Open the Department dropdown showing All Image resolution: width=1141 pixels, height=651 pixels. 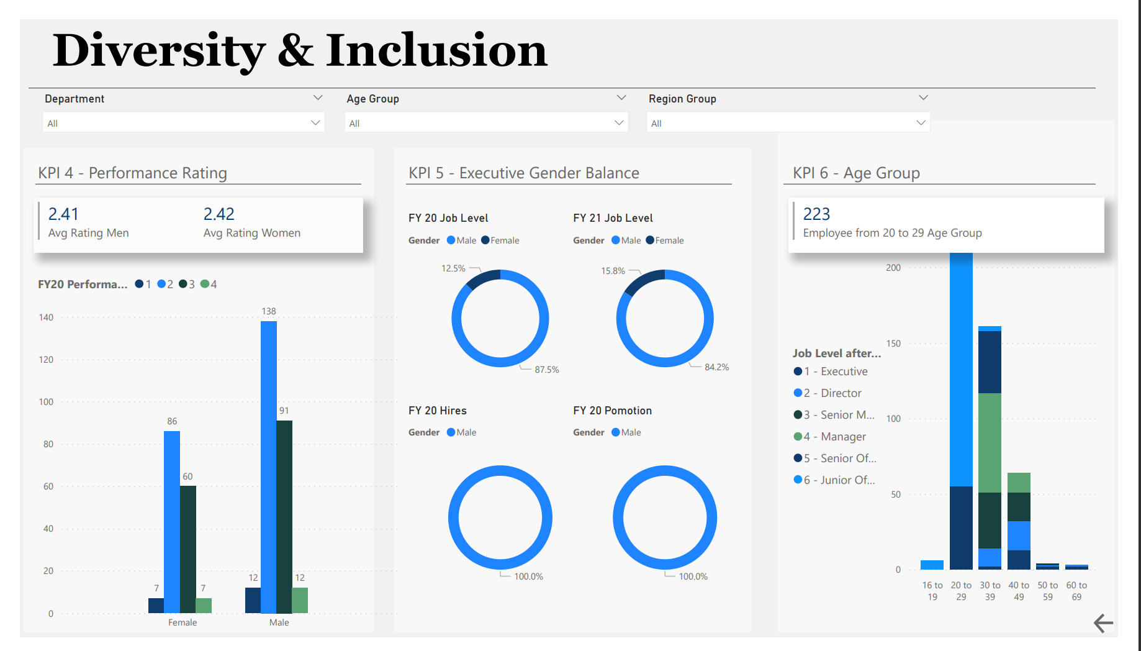click(x=183, y=123)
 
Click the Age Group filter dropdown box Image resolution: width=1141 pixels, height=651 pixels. click(x=485, y=123)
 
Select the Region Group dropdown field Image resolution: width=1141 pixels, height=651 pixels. click(x=787, y=123)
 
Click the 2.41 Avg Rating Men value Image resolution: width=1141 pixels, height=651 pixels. click(x=63, y=214)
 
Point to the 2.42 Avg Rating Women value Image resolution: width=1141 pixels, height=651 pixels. click(x=219, y=214)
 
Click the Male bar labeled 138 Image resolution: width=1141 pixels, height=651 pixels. click(x=268, y=466)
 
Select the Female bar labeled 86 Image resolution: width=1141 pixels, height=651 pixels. click(x=172, y=522)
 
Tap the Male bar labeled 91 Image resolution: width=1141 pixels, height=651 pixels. click(x=284, y=516)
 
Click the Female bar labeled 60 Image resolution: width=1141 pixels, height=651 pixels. click(x=187, y=550)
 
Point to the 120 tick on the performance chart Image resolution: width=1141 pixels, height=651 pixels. click(x=46, y=360)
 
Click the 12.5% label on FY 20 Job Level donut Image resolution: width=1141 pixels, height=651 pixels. click(x=453, y=268)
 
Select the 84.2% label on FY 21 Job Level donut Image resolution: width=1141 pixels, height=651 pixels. click(x=716, y=367)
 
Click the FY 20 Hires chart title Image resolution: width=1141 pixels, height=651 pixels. click(x=437, y=411)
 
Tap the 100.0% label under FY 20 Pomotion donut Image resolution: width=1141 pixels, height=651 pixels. click(x=693, y=576)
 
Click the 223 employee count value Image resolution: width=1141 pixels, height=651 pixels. click(x=816, y=214)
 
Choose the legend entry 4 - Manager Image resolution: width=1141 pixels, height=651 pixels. click(x=842, y=437)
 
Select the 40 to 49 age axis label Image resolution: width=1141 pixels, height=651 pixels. click(x=1019, y=591)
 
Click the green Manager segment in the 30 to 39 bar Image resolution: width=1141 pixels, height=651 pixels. click(x=990, y=442)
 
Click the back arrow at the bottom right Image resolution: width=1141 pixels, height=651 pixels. click(x=1103, y=623)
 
